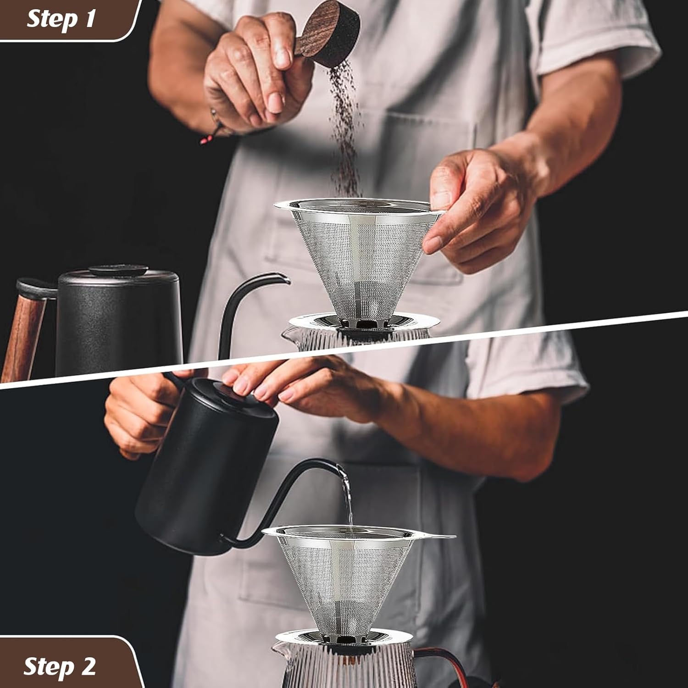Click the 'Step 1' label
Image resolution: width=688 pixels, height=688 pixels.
click(x=61, y=19)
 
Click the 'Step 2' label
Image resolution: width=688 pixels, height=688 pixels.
click(x=60, y=666)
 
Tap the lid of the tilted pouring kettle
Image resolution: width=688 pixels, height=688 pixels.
click(x=229, y=394)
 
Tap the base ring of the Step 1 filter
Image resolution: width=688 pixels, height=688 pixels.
click(x=362, y=321)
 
